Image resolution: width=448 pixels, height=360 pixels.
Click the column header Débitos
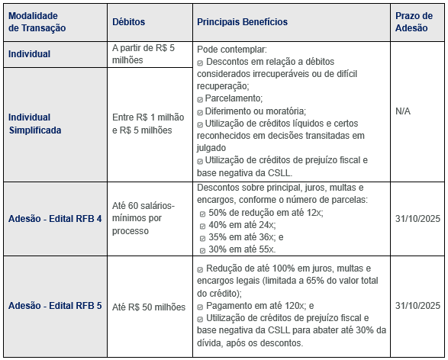point(128,22)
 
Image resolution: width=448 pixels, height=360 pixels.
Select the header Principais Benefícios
point(242,22)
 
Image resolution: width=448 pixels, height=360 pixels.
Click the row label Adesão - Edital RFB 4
point(55,219)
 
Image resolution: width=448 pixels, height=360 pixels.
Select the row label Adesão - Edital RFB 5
point(55,306)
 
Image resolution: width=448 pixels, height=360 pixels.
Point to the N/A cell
point(403,111)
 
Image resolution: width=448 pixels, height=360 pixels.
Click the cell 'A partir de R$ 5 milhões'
point(143,53)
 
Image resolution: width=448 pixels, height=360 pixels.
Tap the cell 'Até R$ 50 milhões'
point(149,307)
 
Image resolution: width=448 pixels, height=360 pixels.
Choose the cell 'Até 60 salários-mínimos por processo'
point(143,218)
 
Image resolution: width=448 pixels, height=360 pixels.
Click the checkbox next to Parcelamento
point(200,99)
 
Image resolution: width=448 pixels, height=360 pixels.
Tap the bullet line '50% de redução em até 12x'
point(264,213)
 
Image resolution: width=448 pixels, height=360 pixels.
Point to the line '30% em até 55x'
point(241,249)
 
